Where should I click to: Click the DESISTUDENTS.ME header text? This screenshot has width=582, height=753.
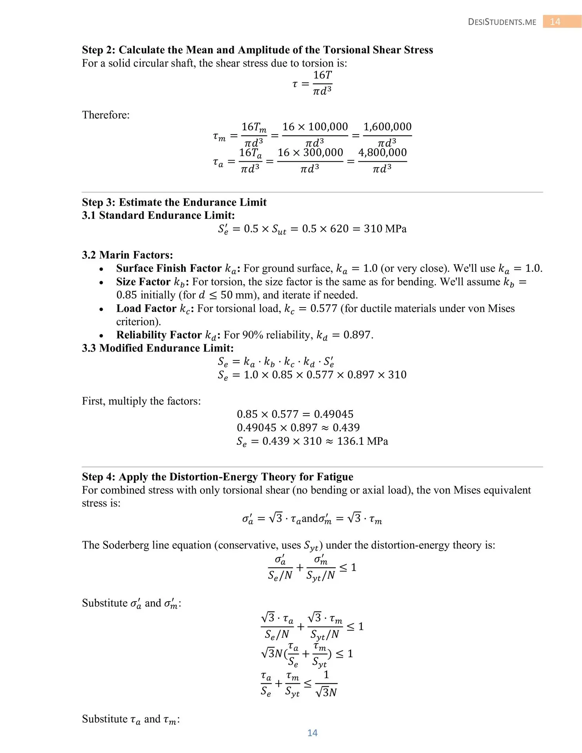(x=502, y=22)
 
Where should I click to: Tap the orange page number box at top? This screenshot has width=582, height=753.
(x=562, y=22)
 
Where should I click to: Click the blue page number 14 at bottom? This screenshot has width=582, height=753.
(x=312, y=733)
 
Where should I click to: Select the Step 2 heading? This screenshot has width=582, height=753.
(x=257, y=50)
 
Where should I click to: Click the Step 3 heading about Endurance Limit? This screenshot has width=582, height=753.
(x=174, y=202)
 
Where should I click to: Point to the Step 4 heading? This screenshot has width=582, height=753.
(x=217, y=477)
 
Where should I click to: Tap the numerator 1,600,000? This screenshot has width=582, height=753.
(x=387, y=127)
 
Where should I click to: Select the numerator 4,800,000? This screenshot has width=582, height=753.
(x=382, y=153)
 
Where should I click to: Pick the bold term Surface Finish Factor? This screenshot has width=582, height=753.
(x=169, y=268)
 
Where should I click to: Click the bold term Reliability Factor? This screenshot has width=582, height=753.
(x=159, y=335)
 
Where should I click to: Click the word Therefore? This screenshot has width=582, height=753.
(x=105, y=115)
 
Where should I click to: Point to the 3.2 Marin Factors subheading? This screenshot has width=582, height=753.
(x=127, y=255)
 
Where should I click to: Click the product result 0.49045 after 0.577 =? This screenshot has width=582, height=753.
(x=333, y=414)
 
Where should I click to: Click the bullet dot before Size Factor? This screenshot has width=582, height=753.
(x=102, y=282)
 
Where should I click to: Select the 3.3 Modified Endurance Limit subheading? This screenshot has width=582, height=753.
(x=158, y=348)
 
